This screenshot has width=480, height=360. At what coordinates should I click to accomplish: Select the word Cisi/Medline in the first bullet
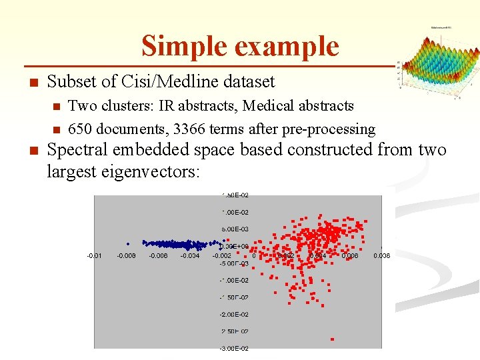(158, 82)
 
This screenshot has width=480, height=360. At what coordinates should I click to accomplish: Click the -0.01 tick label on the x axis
(93, 255)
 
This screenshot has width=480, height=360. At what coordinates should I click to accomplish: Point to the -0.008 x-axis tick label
(127, 255)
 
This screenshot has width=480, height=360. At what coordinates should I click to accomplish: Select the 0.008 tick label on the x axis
(381, 255)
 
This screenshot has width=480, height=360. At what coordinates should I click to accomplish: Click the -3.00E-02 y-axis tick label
(235, 348)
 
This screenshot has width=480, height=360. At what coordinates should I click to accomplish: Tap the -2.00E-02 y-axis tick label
(235, 314)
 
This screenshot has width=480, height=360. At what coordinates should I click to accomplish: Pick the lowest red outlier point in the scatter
(332, 339)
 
